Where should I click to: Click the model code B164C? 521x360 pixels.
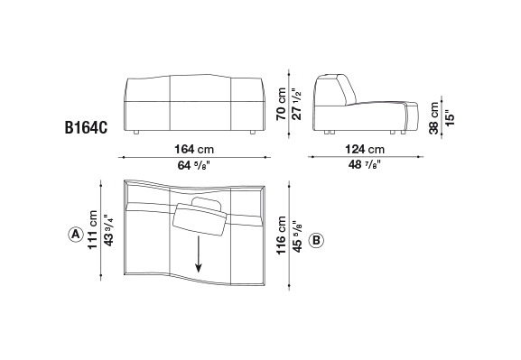[86, 127]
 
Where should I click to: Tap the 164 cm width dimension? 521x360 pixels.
[194, 149]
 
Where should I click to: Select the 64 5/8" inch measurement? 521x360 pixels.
[194, 165]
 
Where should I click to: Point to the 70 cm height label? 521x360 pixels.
[281, 104]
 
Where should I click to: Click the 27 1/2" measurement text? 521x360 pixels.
[296, 104]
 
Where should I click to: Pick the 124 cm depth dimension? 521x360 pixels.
[365, 149]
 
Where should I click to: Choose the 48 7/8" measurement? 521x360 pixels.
[365, 164]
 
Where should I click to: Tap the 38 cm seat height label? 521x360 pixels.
[434, 118]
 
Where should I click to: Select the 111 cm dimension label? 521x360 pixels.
[92, 229]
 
